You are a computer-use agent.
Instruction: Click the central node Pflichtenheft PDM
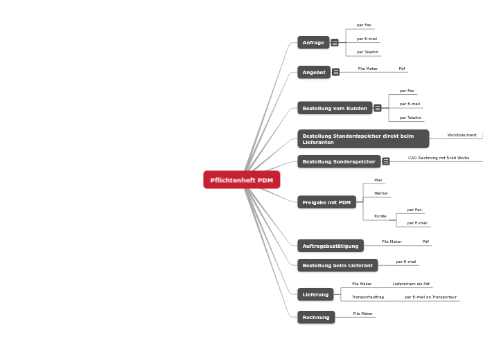tap(242, 180)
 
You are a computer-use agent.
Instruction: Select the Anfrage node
tap(313, 43)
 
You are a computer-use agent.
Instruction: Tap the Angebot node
tap(314, 72)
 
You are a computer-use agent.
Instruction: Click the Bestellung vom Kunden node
tap(335, 108)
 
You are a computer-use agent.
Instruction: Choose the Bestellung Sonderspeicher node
tap(339, 161)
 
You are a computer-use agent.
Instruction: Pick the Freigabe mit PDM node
tap(326, 202)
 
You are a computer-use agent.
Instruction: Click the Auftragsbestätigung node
tap(331, 246)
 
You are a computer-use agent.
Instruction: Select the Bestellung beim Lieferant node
tap(337, 265)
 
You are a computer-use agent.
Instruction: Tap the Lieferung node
tap(315, 294)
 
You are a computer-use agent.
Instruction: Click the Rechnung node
tap(316, 317)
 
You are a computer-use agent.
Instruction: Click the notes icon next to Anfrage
tap(335, 43)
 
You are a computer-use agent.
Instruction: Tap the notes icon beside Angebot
tap(336, 72)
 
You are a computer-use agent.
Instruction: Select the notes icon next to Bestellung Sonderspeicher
tap(386, 161)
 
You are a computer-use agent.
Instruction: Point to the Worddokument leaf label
tap(462, 135)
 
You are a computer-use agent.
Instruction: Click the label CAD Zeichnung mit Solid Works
tap(439, 158)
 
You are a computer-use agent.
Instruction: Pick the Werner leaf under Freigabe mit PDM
tap(381, 193)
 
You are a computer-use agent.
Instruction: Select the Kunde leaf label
tap(380, 216)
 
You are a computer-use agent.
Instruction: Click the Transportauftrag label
tap(368, 296)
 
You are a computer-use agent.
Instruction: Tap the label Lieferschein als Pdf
tap(411, 284)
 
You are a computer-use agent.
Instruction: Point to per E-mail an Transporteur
tap(430, 296)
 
